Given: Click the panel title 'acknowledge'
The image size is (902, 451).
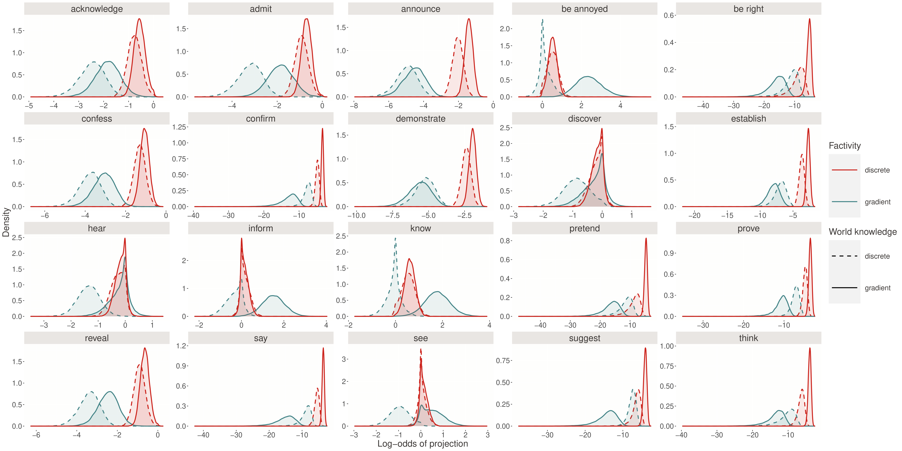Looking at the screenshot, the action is (x=97, y=9).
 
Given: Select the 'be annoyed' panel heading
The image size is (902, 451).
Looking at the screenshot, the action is (x=584, y=9).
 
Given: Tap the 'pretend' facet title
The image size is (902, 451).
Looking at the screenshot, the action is (x=584, y=228).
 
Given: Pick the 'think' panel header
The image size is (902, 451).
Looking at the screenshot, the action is (x=748, y=338).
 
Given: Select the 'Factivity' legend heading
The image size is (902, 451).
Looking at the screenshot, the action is (x=845, y=146).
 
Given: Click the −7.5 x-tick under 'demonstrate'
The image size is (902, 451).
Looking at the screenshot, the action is (x=392, y=215).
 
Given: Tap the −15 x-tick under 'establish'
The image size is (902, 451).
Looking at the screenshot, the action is (x=727, y=215).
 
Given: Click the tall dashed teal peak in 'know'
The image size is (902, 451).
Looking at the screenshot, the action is (x=395, y=238).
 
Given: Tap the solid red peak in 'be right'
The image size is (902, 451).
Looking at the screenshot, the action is (x=810, y=19).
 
